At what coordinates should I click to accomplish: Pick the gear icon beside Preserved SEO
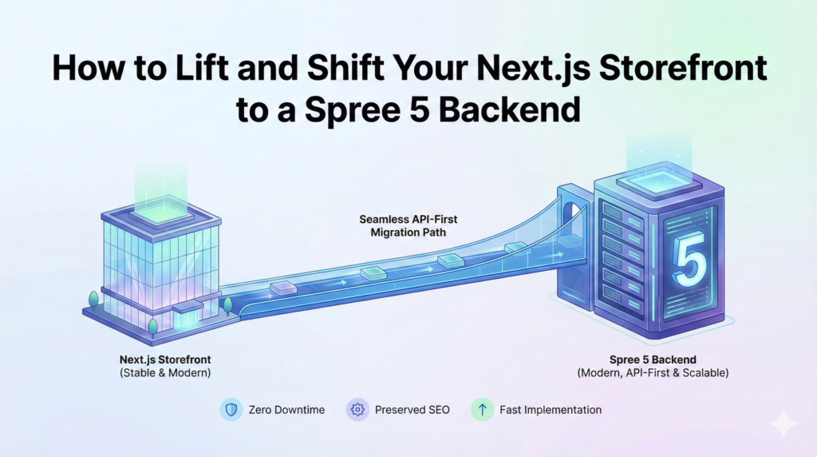pyautogui.click(x=357, y=410)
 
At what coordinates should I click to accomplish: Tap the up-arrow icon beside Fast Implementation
pyautogui.click(x=481, y=410)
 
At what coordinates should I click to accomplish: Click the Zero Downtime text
pyautogui.click(x=285, y=410)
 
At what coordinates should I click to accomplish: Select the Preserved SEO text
pyautogui.click(x=412, y=410)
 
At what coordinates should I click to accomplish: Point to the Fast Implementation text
pyautogui.click(x=551, y=410)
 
